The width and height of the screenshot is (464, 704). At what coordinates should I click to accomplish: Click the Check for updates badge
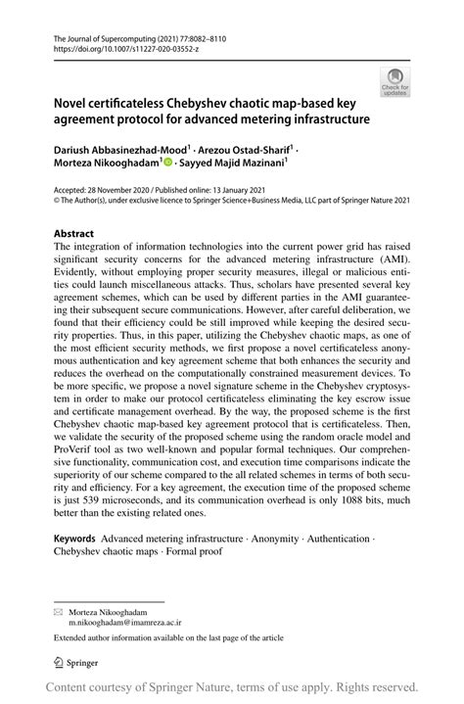pos(395,83)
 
